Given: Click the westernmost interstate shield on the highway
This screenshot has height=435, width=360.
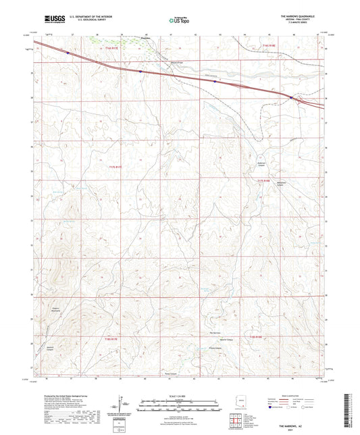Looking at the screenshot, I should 68,51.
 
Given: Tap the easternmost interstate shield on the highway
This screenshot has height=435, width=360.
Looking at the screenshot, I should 291,97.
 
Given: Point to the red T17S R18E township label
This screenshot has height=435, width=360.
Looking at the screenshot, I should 263,180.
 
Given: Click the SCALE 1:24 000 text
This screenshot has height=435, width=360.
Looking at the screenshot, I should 180,396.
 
